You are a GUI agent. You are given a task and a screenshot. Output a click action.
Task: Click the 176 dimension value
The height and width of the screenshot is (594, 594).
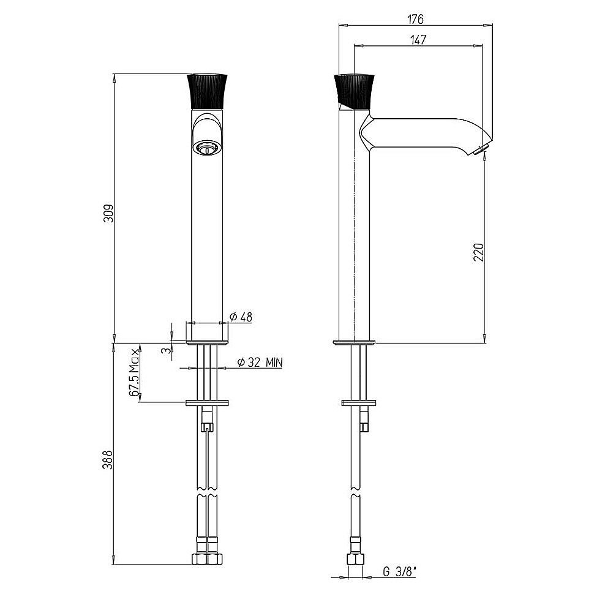click(x=415, y=19)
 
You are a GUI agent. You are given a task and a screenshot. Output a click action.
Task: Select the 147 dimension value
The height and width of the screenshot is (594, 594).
click(x=418, y=39)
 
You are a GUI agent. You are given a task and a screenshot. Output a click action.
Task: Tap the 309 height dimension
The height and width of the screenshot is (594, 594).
click(x=109, y=214)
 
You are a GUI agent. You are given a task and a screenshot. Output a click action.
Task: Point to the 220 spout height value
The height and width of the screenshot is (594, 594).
click(x=478, y=252)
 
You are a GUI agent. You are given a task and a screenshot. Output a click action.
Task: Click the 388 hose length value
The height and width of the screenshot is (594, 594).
click(x=108, y=459)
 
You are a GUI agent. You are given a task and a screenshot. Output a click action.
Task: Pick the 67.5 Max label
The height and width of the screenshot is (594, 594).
click(x=134, y=372)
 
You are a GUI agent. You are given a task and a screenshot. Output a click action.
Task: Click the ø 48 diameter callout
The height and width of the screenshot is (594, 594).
click(x=241, y=317)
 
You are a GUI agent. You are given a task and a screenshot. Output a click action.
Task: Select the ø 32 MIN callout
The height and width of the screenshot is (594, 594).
click(x=260, y=363)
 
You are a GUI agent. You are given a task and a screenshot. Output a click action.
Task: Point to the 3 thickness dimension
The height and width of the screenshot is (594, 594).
click(x=164, y=350)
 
